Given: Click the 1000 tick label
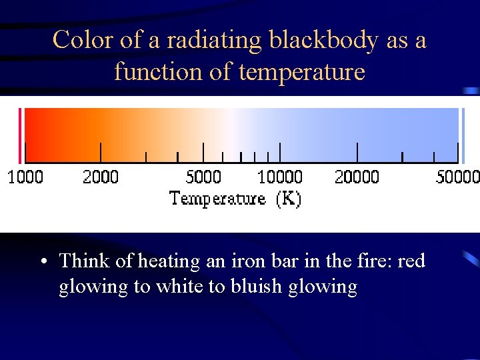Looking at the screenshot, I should [x=25, y=177].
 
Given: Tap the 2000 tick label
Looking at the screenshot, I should [x=101, y=177].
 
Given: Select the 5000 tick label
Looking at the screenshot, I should [x=203, y=177].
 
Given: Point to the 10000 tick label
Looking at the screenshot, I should [x=280, y=177].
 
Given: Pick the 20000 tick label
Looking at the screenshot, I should [x=357, y=177].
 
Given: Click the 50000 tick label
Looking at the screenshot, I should [x=457, y=177].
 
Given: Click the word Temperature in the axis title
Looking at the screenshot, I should [x=217, y=199].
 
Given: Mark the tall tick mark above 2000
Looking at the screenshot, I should [x=101, y=153].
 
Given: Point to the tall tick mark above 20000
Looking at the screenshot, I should [x=357, y=153].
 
